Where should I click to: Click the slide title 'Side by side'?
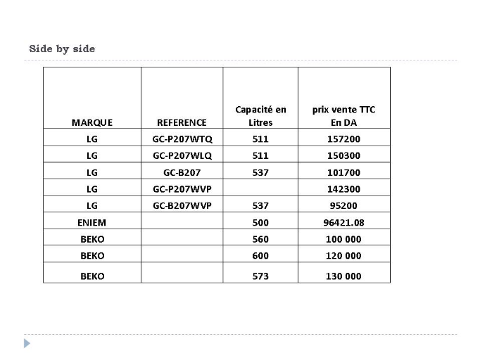(x=62, y=49)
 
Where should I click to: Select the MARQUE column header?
(x=92, y=122)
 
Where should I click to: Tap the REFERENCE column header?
(x=182, y=122)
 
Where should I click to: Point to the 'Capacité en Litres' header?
(x=260, y=116)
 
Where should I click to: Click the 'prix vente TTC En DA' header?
(x=343, y=116)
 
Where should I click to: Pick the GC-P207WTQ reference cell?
(x=182, y=139)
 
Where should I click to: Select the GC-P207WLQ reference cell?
(x=182, y=155)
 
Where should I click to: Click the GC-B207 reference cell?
(x=182, y=172)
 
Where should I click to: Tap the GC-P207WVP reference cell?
(x=182, y=189)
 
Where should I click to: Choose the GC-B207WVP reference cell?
(x=182, y=206)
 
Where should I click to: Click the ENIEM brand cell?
(x=92, y=223)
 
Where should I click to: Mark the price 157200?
(x=343, y=139)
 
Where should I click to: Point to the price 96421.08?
(x=343, y=223)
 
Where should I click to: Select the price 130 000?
(x=343, y=276)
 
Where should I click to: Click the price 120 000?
(x=343, y=256)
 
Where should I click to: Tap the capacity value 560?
(x=260, y=239)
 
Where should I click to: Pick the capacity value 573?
(x=260, y=276)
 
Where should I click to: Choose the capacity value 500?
(x=260, y=223)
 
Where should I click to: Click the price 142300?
(x=343, y=189)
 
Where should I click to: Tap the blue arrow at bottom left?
(x=27, y=344)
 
